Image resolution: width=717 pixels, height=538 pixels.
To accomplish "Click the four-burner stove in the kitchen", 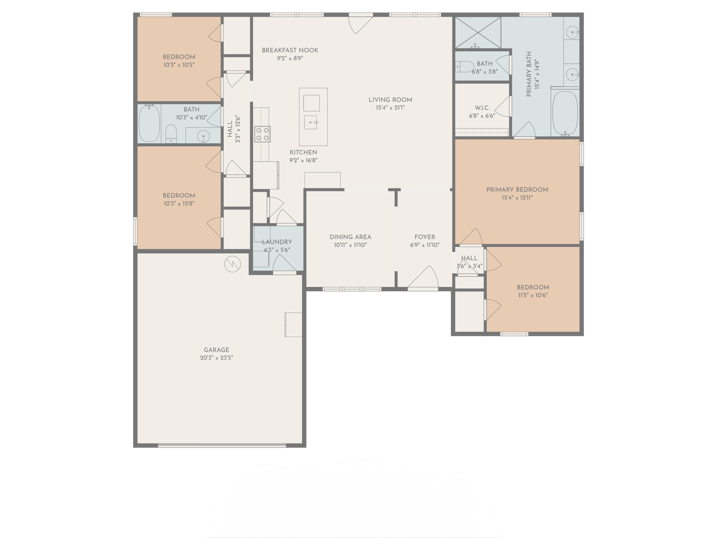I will click(x=262, y=134).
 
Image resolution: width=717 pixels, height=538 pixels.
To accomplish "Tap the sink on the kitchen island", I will click(x=310, y=122).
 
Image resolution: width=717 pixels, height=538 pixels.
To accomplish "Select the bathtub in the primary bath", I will click(x=565, y=113).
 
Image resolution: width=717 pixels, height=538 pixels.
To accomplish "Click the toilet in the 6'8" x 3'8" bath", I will click(x=464, y=67).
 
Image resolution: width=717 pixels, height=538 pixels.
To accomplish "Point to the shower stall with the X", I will click(x=478, y=33).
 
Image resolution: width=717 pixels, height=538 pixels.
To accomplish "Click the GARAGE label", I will click(x=216, y=350).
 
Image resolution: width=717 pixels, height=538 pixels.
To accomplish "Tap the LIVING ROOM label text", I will click(x=390, y=99).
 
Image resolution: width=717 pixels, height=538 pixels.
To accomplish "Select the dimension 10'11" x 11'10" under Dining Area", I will click(x=350, y=245).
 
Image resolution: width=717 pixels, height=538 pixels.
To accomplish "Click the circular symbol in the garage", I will click(x=232, y=264).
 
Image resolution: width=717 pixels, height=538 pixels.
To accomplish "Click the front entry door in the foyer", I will click(x=423, y=288).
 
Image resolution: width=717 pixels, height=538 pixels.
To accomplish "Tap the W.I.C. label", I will click(x=482, y=108).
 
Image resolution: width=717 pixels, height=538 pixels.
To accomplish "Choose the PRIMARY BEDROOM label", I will click(x=517, y=189).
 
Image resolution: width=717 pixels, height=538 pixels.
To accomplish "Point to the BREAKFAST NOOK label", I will click(x=290, y=50).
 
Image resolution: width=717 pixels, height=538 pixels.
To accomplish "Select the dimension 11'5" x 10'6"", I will click(x=532, y=295).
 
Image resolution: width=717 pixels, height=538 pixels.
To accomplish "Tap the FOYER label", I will click(x=425, y=237).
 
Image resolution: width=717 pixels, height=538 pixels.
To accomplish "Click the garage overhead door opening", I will click(x=222, y=445).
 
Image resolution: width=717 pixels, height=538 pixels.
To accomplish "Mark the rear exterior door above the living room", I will click(x=360, y=15).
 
